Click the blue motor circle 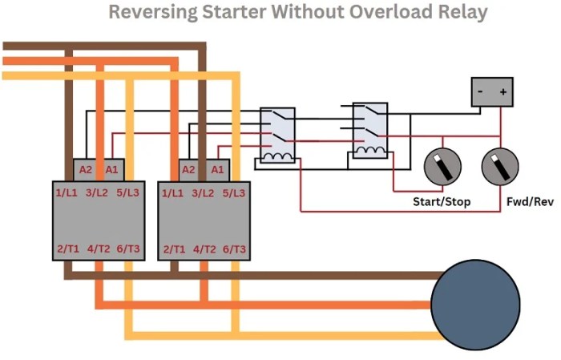pos(475,305)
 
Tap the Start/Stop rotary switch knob pos(442,167)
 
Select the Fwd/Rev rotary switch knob pos(500,167)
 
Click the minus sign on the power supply pos(480,91)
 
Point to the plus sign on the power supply pos(503,92)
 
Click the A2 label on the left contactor pos(86,170)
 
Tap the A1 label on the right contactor pos(217,170)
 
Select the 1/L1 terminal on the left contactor pos(67,193)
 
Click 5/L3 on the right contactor pos(234,193)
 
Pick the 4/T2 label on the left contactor pos(99,249)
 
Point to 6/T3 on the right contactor pos(234,249)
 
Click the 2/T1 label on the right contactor pos(174,249)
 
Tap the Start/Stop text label pos(442,202)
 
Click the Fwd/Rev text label pos(530,202)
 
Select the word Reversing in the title pos(153,13)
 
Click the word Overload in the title pos(391,11)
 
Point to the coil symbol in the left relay pos(277,156)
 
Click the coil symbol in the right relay pos(370,151)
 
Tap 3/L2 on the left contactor pos(97,193)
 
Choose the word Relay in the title pos(463,13)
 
